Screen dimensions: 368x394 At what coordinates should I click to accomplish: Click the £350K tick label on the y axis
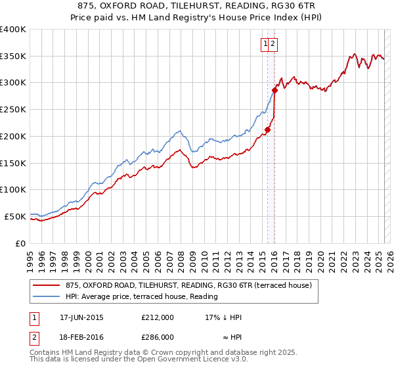coord(13,57)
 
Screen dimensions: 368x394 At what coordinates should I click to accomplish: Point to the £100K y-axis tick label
coord(13,189)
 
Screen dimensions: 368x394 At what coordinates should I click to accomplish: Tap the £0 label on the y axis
coord(21,243)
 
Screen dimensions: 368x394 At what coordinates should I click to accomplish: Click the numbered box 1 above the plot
coord(266,45)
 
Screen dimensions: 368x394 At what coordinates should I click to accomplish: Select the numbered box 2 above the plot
coord(273,45)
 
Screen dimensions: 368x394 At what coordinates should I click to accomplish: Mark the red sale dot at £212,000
coord(267,130)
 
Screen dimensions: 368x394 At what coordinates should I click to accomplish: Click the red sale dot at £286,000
coord(275,91)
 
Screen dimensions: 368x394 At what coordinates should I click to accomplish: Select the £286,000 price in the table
coord(158,337)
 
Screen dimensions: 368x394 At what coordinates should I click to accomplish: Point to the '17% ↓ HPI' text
coord(223,317)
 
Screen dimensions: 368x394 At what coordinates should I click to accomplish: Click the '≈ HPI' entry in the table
coord(230,337)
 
